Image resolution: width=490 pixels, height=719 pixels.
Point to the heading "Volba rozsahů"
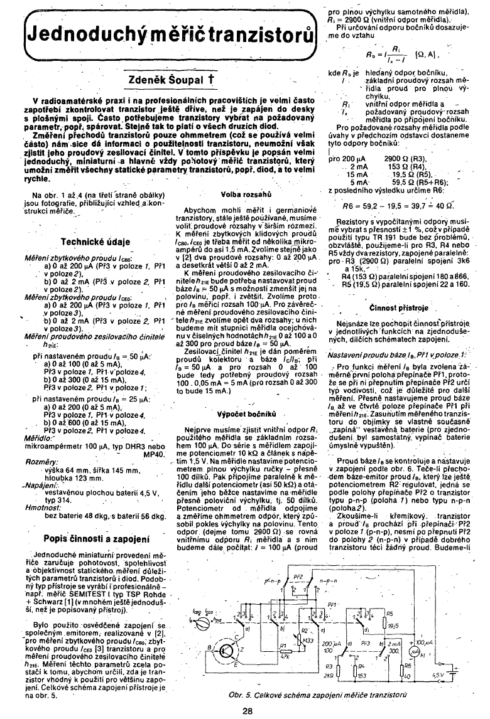pyautogui.click(x=246, y=196)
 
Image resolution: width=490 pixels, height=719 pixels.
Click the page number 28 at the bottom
pyautogui.click(x=247, y=710)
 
